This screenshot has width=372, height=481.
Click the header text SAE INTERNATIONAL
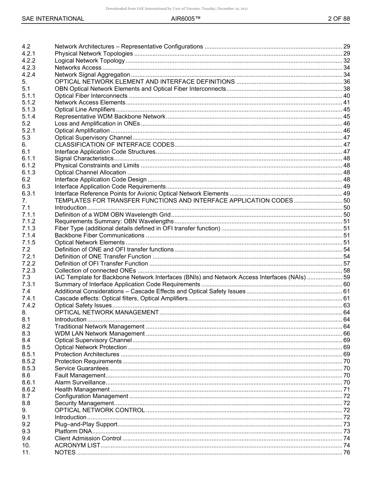click(x=53, y=19)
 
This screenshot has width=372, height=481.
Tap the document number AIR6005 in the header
click(x=186, y=19)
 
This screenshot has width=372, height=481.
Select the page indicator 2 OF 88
click(x=339, y=19)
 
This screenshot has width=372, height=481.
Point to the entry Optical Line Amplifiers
click(x=85, y=109)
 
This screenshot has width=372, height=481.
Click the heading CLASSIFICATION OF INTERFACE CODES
click(x=114, y=145)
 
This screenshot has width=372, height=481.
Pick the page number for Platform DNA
click(x=346, y=431)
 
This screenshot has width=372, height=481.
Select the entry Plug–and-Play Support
click(x=86, y=424)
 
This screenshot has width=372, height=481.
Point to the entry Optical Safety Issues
click(x=83, y=305)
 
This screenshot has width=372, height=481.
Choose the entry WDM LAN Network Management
click(x=99, y=334)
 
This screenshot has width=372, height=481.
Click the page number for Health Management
click(x=346, y=389)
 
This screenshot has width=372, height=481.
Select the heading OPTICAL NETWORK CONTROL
click(x=99, y=410)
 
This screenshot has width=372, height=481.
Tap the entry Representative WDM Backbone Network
click(x=110, y=117)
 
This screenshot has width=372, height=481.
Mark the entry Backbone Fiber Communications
click(x=99, y=235)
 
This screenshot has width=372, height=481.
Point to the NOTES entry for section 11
click(x=65, y=452)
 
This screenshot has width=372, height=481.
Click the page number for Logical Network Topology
click(x=346, y=61)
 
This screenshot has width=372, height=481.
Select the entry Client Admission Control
click(x=88, y=438)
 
